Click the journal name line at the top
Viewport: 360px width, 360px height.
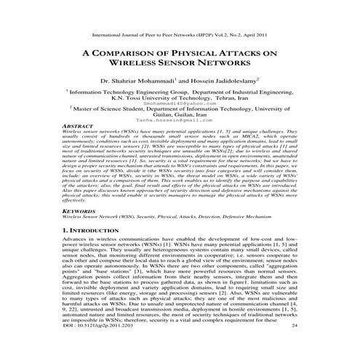pos(180,33)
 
